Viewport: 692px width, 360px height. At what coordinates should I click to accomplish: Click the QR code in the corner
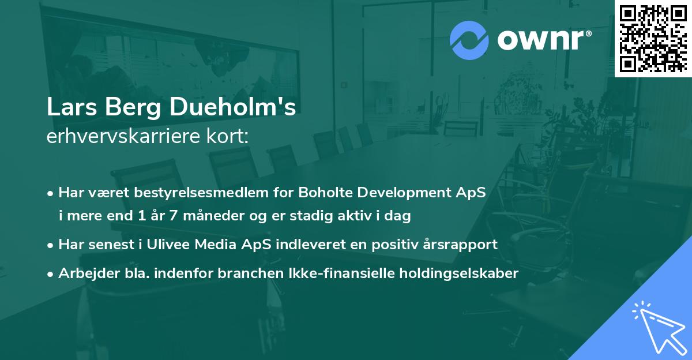(x=653, y=38)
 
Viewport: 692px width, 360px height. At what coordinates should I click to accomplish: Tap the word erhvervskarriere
(x=123, y=137)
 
